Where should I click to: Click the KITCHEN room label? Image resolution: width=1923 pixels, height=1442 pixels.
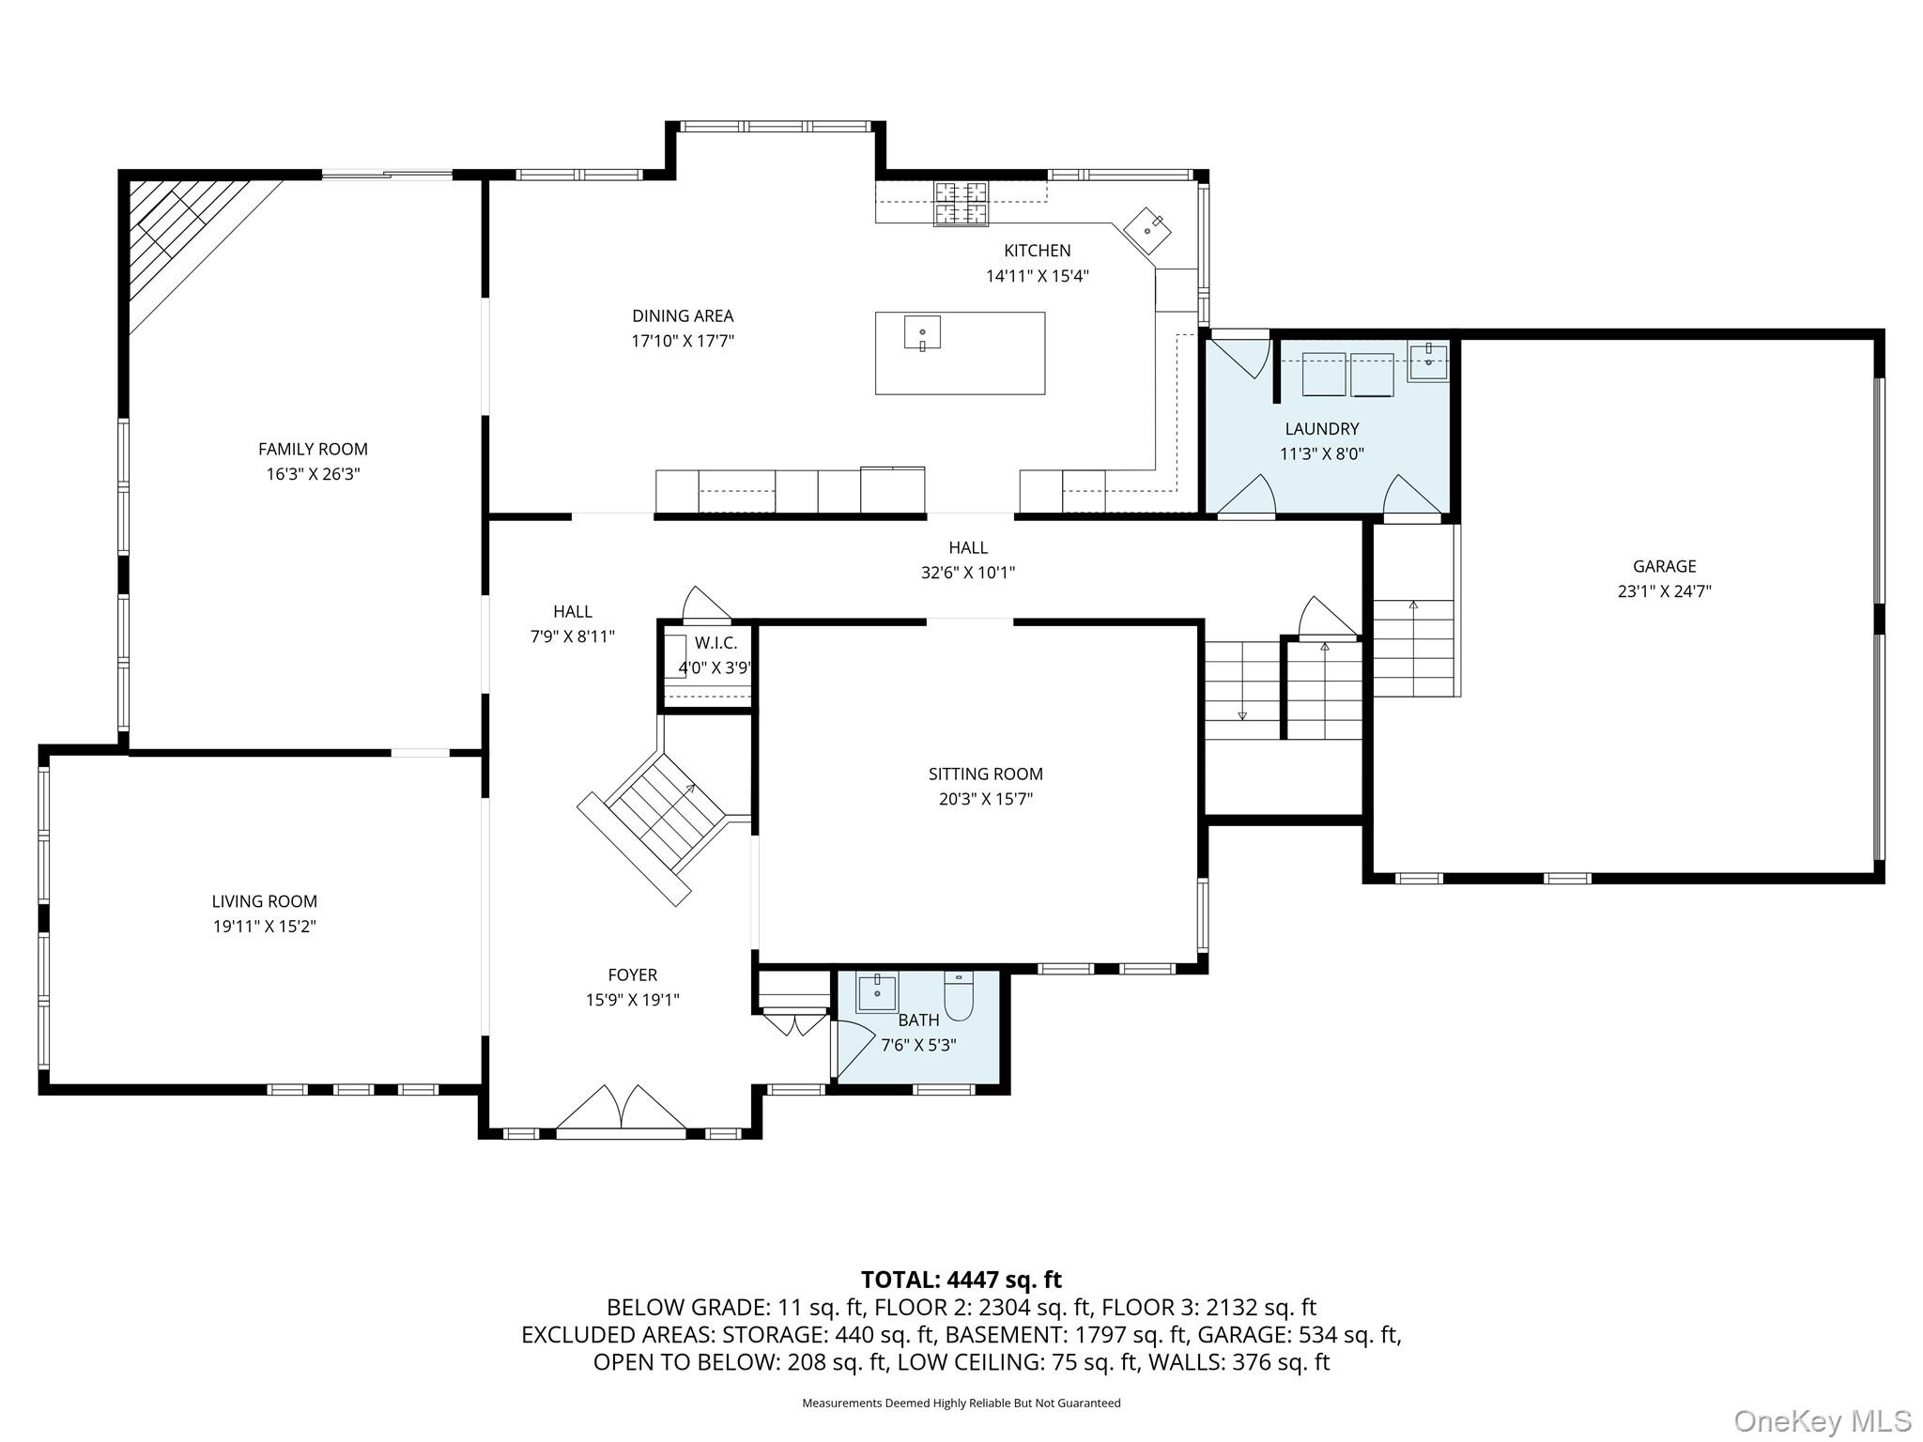coord(1037,251)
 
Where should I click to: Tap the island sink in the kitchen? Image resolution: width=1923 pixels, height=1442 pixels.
coord(922,332)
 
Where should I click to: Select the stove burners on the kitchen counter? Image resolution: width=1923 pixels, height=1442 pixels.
coord(961,204)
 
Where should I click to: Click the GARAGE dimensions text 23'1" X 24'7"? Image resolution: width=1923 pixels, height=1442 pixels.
coord(1664,591)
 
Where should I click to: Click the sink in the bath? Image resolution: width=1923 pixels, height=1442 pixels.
coord(877,992)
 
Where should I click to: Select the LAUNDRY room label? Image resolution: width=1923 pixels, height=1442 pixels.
coord(1321,429)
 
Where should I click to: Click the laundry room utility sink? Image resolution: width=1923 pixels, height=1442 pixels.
coord(1427,360)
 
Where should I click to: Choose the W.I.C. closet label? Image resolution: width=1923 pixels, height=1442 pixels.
coord(715,643)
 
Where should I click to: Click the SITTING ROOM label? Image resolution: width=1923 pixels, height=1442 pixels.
coord(985,775)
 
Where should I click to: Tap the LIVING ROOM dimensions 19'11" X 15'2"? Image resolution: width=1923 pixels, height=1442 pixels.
coord(264,927)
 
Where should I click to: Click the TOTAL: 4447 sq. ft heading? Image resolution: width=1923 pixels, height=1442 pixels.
coord(961,1280)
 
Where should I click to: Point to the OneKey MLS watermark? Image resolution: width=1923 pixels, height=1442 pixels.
coord(1822,1420)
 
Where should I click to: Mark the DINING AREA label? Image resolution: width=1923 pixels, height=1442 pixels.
coord(682,316)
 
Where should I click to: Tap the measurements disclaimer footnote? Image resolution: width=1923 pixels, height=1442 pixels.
coord(961,1404)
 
